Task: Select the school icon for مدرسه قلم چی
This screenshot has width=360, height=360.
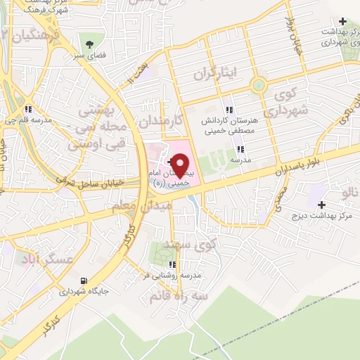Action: tap(27, 109)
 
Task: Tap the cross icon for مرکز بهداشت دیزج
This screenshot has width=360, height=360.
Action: tap(321, 205)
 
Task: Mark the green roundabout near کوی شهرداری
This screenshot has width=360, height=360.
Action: tap(258, 86)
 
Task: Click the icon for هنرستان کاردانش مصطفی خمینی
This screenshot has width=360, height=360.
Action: tap(229, 110)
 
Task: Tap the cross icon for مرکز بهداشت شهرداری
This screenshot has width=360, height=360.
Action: tap(342, 22)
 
